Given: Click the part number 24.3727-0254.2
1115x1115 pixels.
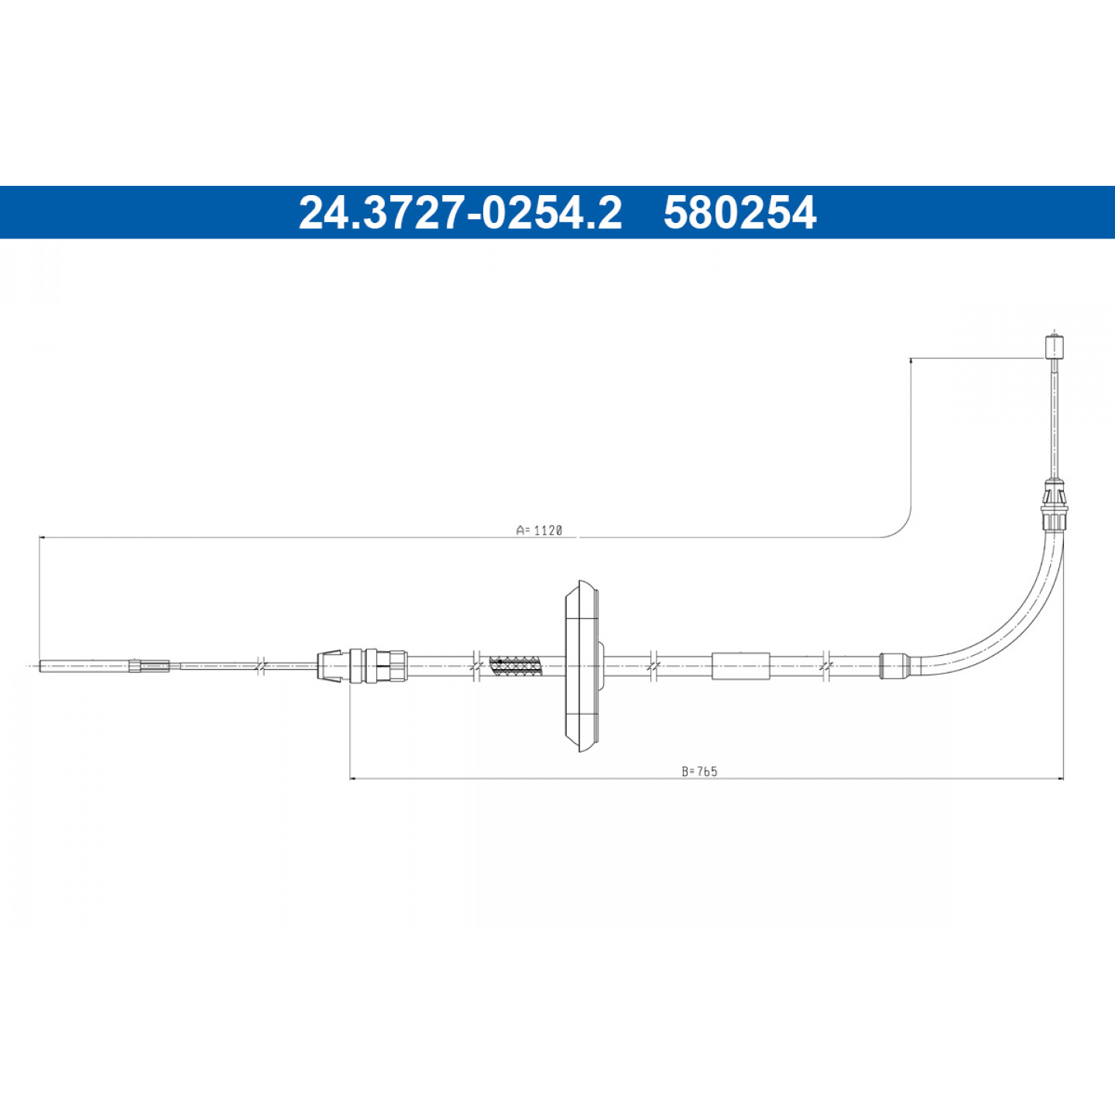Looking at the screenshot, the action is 460,212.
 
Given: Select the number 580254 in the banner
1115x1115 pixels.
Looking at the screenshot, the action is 739,212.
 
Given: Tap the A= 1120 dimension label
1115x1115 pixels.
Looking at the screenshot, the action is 539,530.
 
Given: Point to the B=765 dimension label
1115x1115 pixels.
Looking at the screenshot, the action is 699,771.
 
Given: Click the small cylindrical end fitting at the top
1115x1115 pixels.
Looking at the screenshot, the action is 1055,345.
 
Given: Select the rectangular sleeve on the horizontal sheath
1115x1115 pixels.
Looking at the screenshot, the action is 741,666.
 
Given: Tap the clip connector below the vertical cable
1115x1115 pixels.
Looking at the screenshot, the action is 1055,506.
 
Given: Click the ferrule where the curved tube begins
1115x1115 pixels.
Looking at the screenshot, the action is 893,665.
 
